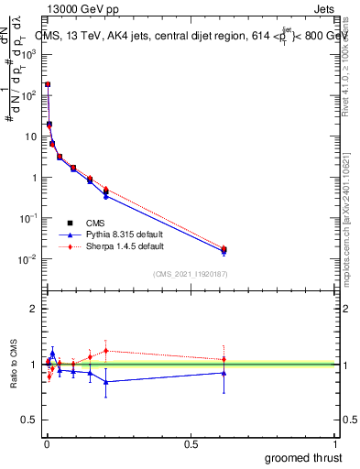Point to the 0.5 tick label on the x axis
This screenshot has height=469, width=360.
191,443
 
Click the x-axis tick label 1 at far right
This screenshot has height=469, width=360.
337,443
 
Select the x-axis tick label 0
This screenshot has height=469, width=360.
47,443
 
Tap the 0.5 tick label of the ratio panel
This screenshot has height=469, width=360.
33,420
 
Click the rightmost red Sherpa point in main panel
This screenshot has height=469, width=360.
224,248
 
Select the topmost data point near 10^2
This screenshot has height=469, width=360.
48,84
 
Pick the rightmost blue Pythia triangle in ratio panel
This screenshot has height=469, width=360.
224,373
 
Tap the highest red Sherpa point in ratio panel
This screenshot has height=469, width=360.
106,350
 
